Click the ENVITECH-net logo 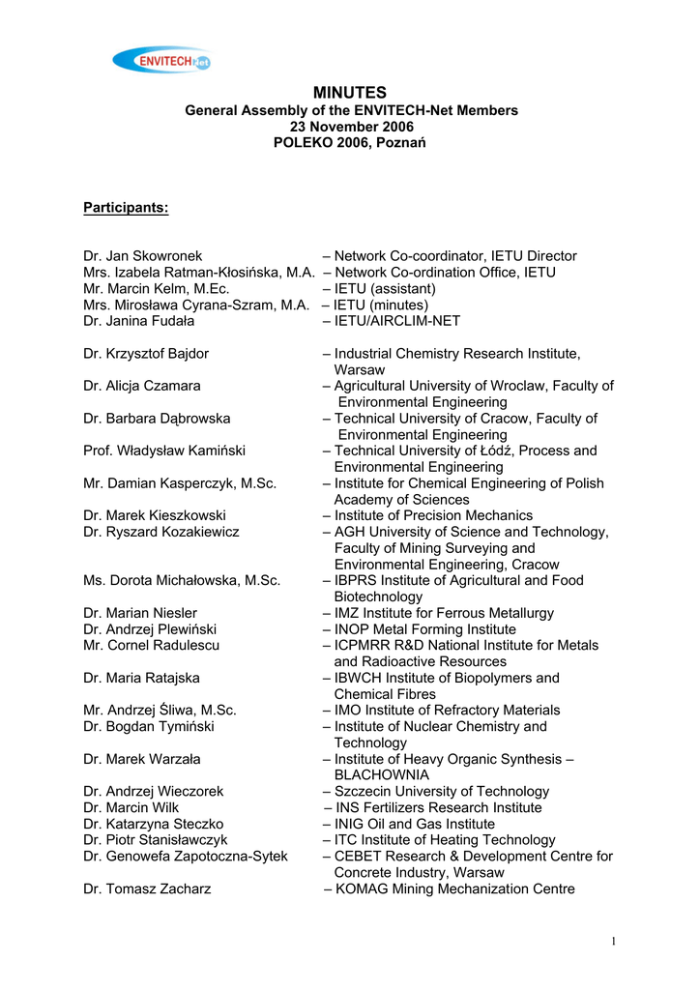point(161,61)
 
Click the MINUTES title point(350,93)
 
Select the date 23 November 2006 point(351,127)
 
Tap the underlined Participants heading point(126,208)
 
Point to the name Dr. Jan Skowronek point(142,256)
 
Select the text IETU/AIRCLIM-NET point(397,321)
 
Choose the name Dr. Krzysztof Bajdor point(146,354)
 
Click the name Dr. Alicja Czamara point(142,386)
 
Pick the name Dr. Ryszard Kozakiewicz point(161,532)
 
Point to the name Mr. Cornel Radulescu point(151,646)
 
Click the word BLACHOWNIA point(381,775)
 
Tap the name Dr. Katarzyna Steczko point(153,824)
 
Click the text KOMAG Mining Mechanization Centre point(454,889)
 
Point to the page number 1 point(613,943)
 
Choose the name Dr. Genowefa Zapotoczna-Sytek point(186,857)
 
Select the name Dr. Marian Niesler point(140,613)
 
